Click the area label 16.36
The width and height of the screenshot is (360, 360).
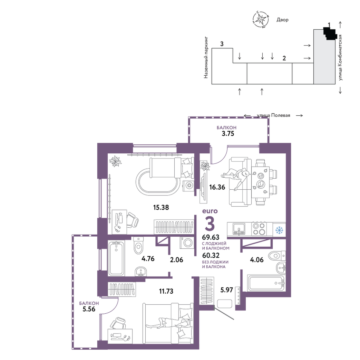(x=217, y=187)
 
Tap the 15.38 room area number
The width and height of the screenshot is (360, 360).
(x=161, y=207)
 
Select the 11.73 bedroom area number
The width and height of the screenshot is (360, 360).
(x=166, y=291)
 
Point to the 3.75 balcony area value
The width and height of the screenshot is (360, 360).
(x=228, y=134)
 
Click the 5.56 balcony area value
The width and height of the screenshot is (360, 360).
(x=89, y=309)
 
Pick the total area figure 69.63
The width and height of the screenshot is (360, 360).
(x=211, y=237)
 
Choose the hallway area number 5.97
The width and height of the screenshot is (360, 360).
(x=227, y=290)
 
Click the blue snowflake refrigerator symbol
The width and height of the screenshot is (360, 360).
(x=279, y=230)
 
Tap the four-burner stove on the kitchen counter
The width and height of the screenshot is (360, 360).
(x=259, y=229)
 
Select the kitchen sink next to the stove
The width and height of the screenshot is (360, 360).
(x=239, y=229)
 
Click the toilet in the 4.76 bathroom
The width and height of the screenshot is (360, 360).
(x=138, y=246)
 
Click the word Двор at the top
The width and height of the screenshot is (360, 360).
(x=282, y=20)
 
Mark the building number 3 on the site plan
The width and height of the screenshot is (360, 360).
(x=222, y=44)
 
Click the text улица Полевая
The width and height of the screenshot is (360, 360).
(x=273, y=115)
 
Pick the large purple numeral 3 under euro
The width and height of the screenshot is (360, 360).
(x=210, y=223)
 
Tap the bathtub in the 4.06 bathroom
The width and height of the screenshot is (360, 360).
(x=267, y=283)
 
